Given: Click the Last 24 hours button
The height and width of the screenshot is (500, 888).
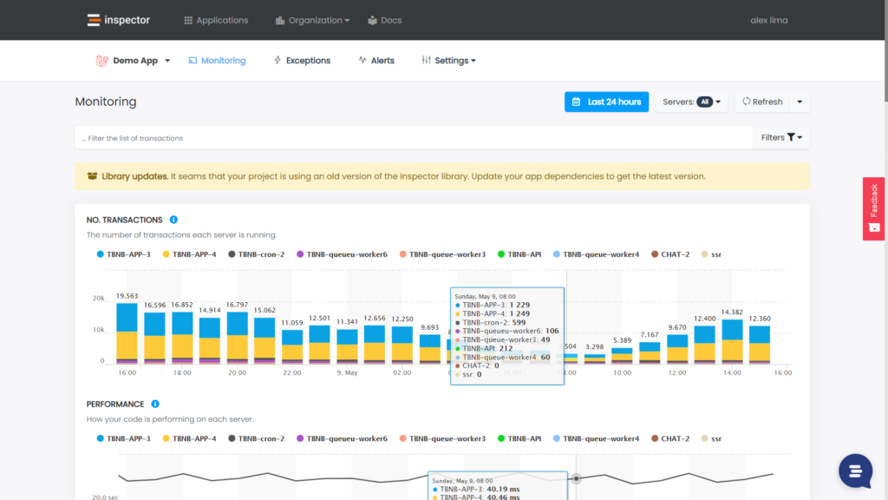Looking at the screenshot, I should tap(606, 102).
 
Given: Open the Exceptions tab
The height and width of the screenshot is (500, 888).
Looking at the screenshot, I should tap(302, 61).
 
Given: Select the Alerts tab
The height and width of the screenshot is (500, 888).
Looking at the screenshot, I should tap(376, 61).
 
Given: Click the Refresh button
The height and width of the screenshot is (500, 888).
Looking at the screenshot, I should tap(761, 102).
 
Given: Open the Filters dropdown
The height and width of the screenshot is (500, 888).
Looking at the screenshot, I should tap(781, 137).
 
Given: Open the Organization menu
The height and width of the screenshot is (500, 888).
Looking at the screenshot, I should tap(313, 20).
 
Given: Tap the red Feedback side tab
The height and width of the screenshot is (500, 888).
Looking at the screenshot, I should tap(873, 208).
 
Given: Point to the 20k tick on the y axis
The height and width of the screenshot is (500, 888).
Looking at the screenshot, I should tap(98, 298).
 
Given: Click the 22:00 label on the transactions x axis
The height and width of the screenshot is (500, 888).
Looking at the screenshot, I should tap(291, 372).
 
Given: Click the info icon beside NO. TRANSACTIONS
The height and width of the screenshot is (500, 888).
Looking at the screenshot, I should tap(173, 220).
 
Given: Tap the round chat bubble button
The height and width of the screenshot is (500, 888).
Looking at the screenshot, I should tap(855, 470).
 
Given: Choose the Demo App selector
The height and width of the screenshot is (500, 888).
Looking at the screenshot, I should tap(133, 61).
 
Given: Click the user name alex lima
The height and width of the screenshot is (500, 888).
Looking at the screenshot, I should tap(768, 20).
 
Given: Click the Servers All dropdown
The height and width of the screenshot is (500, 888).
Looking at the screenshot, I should tap(691, 102).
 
